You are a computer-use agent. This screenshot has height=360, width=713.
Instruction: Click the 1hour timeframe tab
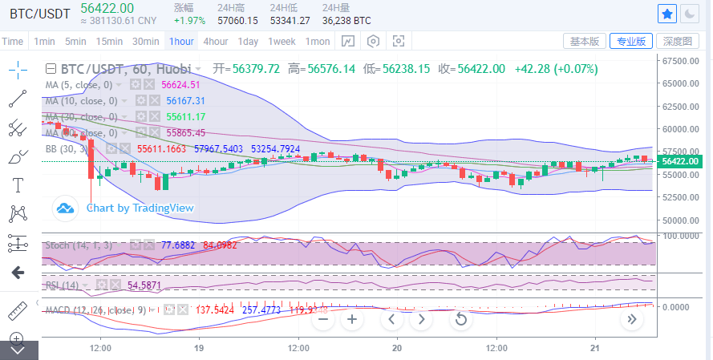click(181, 42)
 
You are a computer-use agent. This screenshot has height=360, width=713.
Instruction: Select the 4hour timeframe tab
click(215, 42)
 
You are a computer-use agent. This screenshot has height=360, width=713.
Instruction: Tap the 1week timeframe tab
click(282, 42)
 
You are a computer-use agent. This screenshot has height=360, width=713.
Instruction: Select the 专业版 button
click(630, 42)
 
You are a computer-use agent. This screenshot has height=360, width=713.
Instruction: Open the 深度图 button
click(677, 42)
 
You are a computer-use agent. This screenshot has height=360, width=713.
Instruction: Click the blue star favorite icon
click(666, 14)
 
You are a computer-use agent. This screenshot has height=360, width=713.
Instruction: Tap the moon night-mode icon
click(690, 14)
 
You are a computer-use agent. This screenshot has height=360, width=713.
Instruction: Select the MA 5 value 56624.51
click(180, 84)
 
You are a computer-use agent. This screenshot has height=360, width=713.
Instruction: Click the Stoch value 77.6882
click(178, 245)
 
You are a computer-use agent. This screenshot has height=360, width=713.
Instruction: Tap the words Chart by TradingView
click(140, 208)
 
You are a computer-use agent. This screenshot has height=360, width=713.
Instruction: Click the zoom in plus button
click(351, 319)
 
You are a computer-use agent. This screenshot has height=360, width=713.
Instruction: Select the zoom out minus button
click(323, 319)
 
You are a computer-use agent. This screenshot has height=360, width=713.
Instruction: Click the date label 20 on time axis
click(397, 349)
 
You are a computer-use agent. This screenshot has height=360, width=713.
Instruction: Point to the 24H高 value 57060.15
click(237, 20)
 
